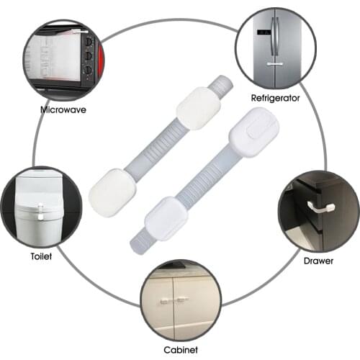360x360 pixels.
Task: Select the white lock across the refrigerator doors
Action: [x=274, y=64]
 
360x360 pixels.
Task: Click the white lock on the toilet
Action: [x=42, y=212]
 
